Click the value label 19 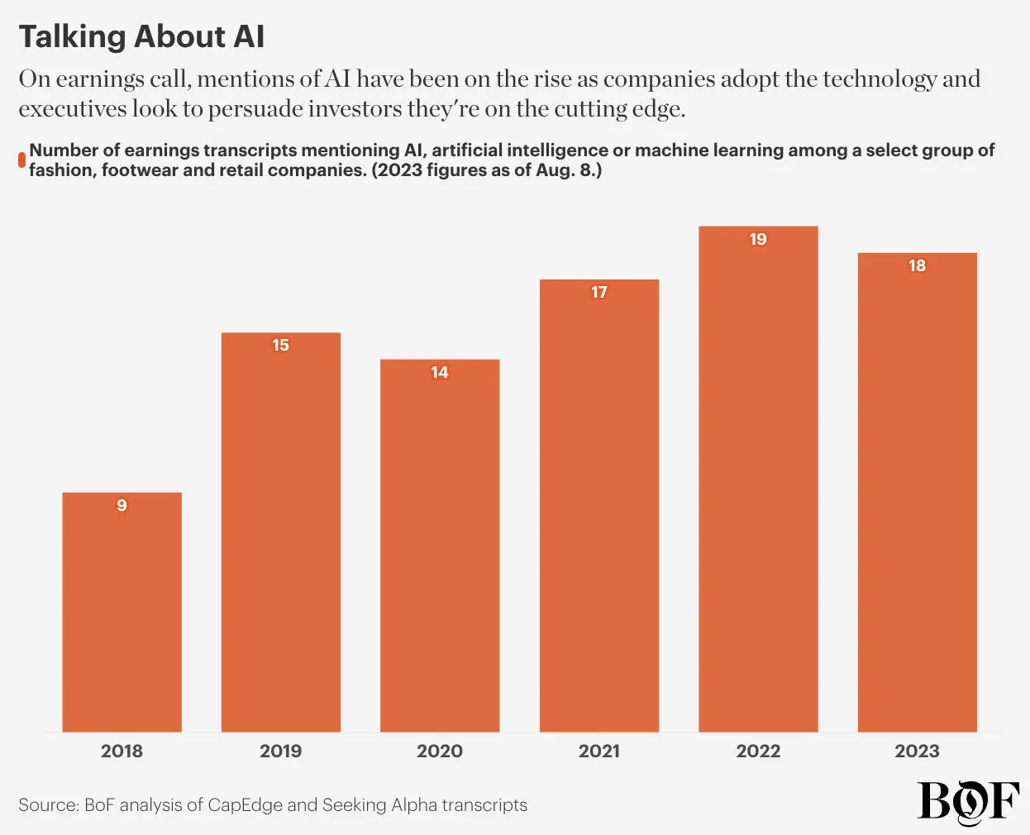click(758, 239)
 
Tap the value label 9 click(122, 505)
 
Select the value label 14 click(440, 372)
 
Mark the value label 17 click(599, 292)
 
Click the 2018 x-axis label click(122, 751)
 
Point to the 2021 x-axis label click(599, 751)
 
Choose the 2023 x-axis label click(918, 751)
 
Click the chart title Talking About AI click(141, 36)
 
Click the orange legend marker click(22, 160)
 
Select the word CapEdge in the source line click(246, 805)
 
